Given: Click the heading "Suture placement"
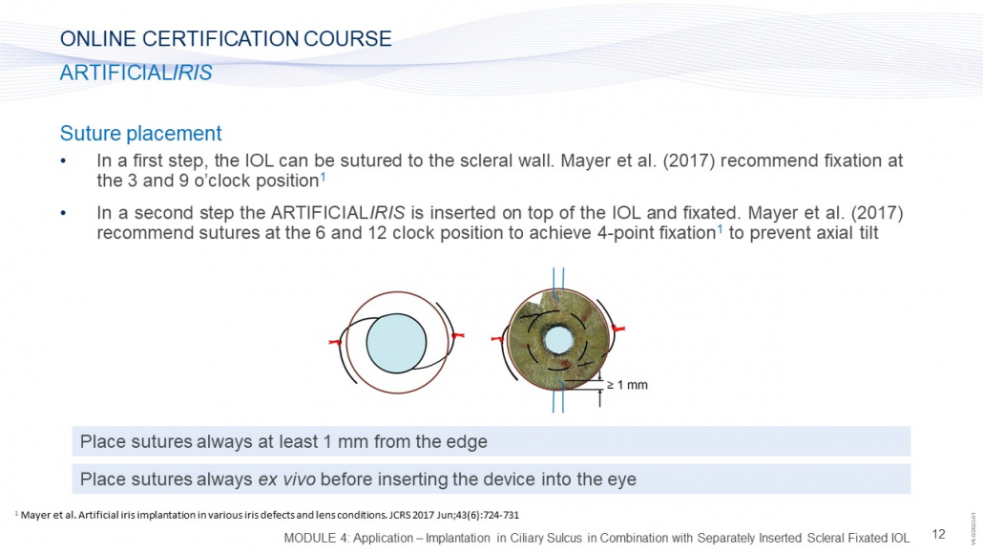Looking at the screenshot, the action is [140, 133].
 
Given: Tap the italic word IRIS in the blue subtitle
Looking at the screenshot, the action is [193, 73].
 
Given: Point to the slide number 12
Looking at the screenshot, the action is [938, 534].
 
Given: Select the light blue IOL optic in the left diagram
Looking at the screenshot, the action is [396, 343].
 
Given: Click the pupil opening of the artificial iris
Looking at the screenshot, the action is [558, 340].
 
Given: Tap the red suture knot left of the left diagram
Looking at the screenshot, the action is [335, 342].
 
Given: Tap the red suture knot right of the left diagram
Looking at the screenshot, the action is [457, 336].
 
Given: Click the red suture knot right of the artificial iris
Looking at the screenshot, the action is [618, 329].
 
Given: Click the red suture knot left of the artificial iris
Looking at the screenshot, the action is [498, 339].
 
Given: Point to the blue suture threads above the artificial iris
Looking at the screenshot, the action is [558, 281].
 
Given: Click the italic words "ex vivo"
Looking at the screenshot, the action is [286, 479].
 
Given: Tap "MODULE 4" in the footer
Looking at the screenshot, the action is [312, 538].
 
